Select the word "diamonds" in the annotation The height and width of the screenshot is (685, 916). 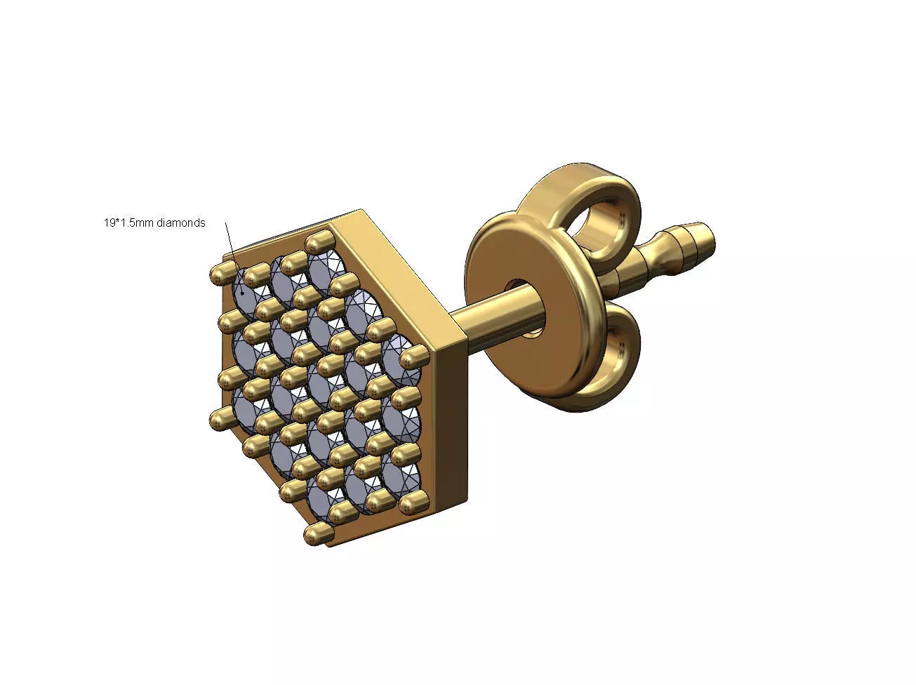181,222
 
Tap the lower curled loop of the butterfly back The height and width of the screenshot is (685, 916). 611,358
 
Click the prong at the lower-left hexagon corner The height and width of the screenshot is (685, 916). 219,417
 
